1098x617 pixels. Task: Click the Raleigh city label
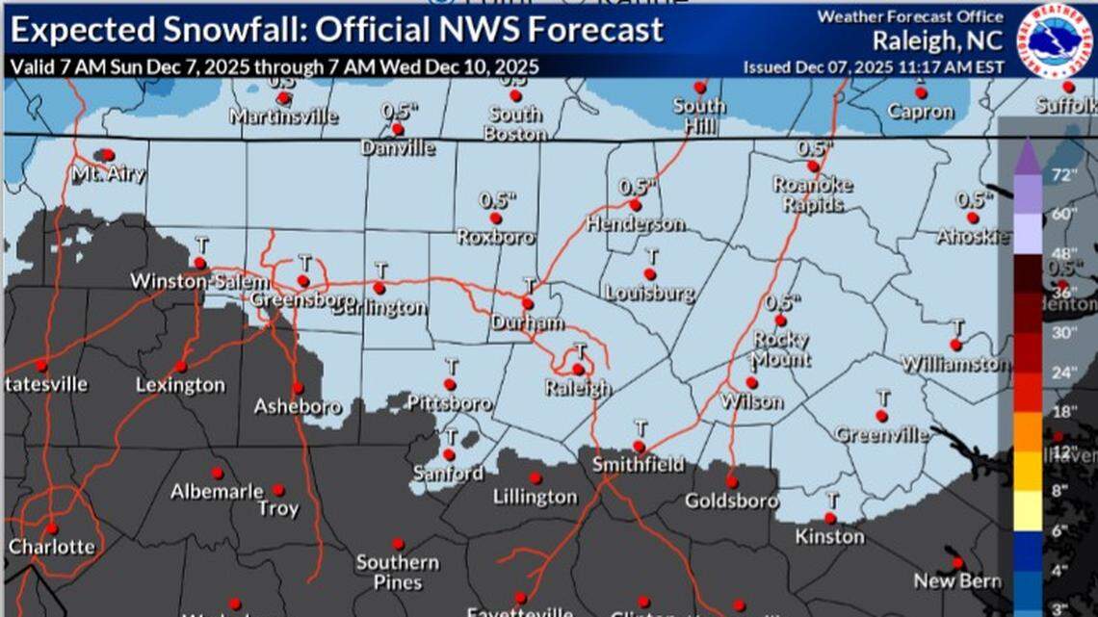pos(577,389)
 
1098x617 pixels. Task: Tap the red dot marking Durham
pos(528,303)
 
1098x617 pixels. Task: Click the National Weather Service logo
pos(1054,39)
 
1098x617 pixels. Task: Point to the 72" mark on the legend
pos(1063,175)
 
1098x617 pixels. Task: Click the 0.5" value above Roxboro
pos(498,201)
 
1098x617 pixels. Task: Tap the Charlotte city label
pos(52,547)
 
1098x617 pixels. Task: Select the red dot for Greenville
pos(880,416)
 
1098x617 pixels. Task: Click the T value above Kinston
pos(832,500)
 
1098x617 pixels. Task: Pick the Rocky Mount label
pos(780,349)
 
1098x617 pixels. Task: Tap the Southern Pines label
pos(397,572)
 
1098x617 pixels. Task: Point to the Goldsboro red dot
pos(731,482)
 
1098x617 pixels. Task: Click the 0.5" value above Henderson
pos(637,187)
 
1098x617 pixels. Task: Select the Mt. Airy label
pos(108,174)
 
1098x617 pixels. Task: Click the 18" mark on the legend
pos(1064,412)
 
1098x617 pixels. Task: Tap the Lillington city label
pos(535,497)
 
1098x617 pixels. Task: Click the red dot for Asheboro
pos(298,387)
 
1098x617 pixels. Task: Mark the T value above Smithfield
pos(640,427)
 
